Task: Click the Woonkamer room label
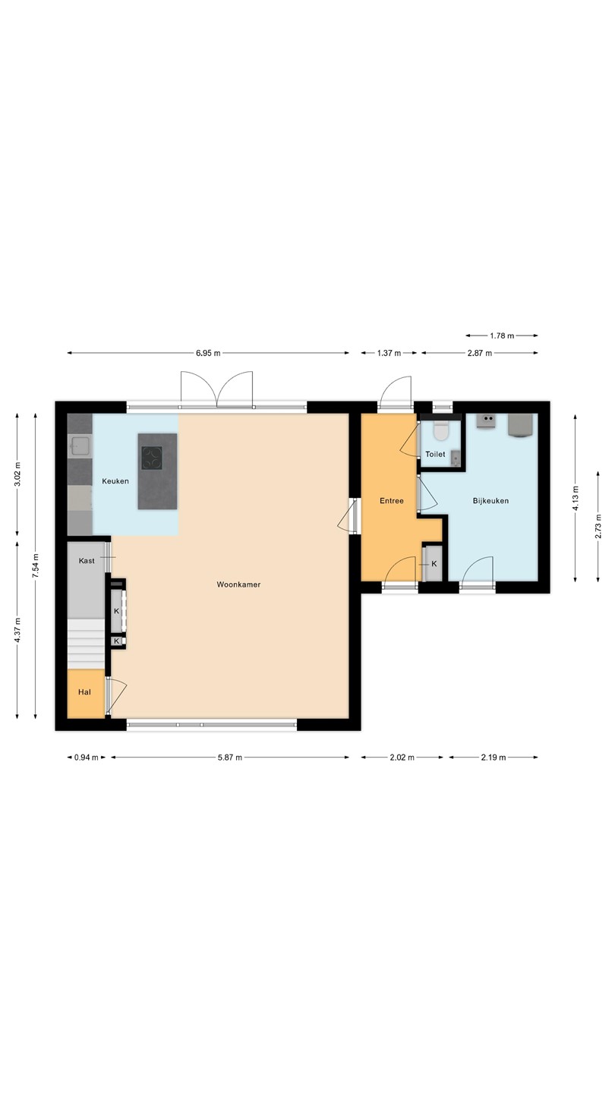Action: point(238,584)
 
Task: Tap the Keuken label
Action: point(115,481)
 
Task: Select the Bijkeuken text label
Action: point(490,501)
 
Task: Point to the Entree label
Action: point(392,501)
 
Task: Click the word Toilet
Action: point(435,454)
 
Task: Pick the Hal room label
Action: point(84,692)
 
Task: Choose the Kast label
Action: point(87,561)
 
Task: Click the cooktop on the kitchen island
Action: point(152,458)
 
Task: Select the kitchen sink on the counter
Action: point(80,446)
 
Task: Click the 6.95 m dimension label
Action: point(208,353)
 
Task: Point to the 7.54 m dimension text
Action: point(35,566)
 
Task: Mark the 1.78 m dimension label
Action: point(502,335)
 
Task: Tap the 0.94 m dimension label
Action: point(87,758)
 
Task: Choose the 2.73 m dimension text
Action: point(598,526)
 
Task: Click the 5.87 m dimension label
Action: point(230,758)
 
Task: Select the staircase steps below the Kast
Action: point(86,644)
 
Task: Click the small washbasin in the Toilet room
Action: point(456,458)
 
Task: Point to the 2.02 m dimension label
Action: point(402,758)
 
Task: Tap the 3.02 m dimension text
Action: point(17,474)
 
